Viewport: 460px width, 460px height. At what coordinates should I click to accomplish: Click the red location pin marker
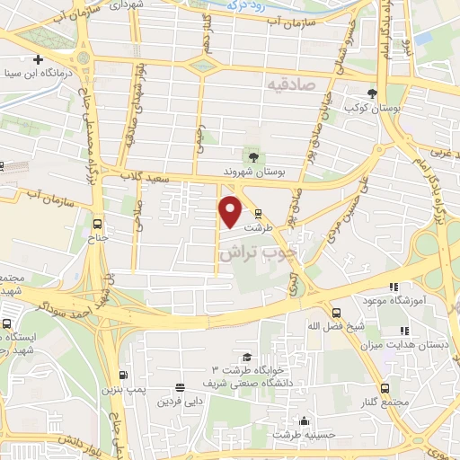pos(231,211)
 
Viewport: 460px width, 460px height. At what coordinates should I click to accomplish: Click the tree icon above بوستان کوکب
pos(372,93)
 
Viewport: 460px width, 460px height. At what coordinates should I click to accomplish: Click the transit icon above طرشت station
pos(259,214)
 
